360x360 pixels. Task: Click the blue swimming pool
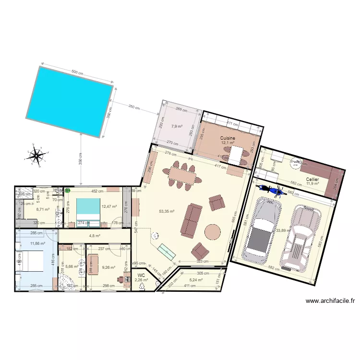(x=70, y=100)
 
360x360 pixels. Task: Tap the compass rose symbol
(x=36, y=155)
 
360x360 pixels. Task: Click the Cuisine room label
(x=228, y=138)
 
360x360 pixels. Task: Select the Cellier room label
(x=312, y=179)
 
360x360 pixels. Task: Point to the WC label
(x=141, y=275)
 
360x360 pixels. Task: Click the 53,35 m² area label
(x=167, y=211)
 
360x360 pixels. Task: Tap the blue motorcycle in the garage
(x=270, y=190)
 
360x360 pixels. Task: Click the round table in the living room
(x=212, y=232)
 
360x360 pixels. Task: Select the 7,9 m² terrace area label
(x=177, y=127)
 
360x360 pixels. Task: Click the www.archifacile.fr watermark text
(x=330, y=301)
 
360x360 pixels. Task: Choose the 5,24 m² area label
(x=196, y=280)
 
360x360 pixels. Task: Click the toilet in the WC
(x=141, y=287)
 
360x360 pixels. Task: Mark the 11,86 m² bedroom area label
(x=37, y=243)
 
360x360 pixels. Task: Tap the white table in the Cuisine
(x=236, y=155)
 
